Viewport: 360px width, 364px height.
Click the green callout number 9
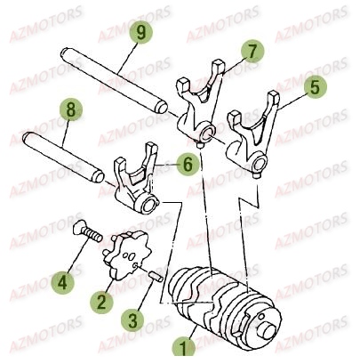click(x=140, y=32)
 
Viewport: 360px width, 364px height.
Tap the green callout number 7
click(x=252, y=51)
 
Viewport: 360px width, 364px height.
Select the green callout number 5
click(x=315, y=86)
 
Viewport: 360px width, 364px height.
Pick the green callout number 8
click(x=71, y=109)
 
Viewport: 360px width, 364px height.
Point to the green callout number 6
click(x=188, y=164)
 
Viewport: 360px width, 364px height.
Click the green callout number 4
click(x=62, y=282)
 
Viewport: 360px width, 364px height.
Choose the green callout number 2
click(x=101, y=302)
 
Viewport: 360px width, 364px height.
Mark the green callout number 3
click(x=132, y=320)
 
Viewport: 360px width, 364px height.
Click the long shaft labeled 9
click(x=115, y=80)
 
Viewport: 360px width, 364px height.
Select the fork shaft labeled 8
click(x=63, y=157)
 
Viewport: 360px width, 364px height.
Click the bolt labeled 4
click(x=87, y=232)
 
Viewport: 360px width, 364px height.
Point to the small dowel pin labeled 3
click(x=156, y=277)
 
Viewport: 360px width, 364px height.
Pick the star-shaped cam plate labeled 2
click(x=127, y=255)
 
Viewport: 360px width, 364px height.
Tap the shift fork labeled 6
click(x=136, y=184)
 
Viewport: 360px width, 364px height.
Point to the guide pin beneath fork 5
click(x=256, y=176)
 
